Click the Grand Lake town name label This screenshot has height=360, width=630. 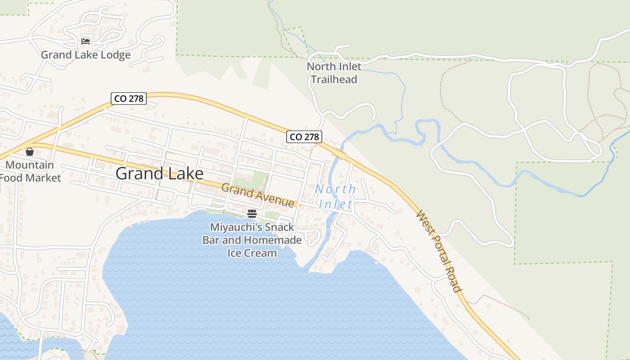pos(159,173)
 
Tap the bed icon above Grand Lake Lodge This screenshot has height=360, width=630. pos(85,41)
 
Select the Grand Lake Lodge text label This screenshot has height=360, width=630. pos(85,55)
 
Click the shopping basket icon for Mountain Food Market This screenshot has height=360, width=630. pos(30,152)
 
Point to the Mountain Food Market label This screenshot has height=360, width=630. pos(30,171)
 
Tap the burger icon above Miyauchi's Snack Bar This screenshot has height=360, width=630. pos(252,213)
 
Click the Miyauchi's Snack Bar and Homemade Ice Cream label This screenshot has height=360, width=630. pos(252,240)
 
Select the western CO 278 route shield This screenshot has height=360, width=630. pos(129,99)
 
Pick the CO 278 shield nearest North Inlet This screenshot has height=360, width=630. pos(304,137)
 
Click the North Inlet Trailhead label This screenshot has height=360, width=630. pos(334,73)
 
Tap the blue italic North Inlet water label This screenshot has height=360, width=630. pos(335,197)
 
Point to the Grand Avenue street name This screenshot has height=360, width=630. pos(258,196)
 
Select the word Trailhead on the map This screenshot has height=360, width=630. pos(334,80)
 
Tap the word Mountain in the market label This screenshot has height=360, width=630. pos(30,165)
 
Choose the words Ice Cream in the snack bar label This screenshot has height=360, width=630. pos(252,253)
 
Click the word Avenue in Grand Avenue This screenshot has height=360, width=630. pos(274,199)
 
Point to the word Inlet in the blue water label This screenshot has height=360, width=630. pos(335,204)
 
